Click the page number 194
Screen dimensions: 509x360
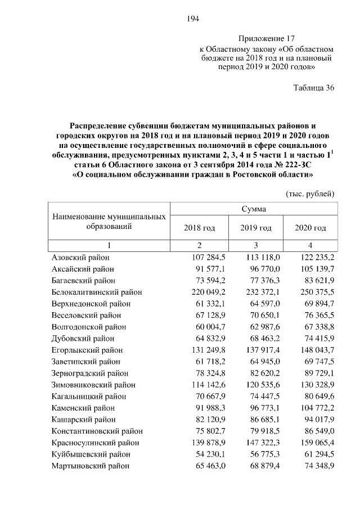click(x=193, y=19)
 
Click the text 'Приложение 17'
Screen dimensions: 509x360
click(x=267, y=39)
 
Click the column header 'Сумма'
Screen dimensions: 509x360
click(x=254, y=209)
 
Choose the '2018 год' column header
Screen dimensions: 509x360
click(x=199, y=228)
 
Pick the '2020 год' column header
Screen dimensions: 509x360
click(x=310, y=228)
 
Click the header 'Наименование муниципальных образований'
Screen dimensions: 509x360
click(x=109, y=222)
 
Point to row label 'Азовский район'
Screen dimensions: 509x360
click(x=80, y=257)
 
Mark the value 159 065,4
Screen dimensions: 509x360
click(x=317, y=443)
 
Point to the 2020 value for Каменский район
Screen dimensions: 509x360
click(x=317, y=408)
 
